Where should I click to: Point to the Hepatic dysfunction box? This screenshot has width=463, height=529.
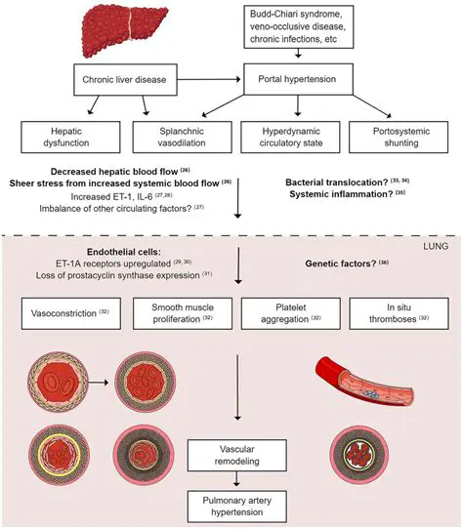[62, 136]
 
